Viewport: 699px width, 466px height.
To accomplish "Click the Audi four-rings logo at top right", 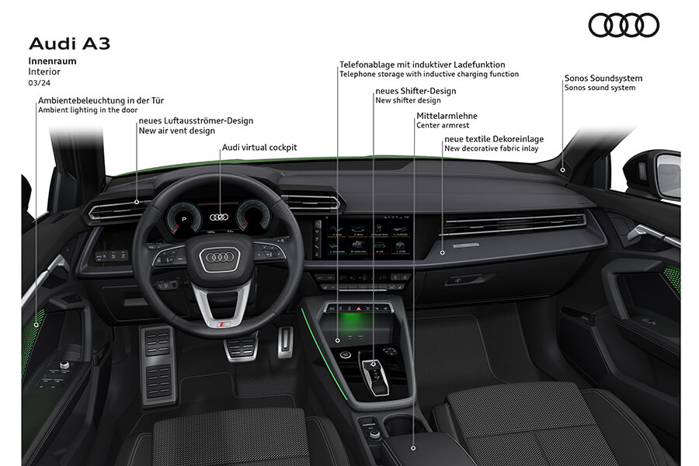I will coord(624,26).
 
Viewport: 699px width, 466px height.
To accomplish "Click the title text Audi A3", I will coord(69,43).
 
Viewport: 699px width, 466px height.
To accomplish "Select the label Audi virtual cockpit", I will coord(259,147).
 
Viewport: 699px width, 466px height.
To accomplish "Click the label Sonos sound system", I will coord(600,88).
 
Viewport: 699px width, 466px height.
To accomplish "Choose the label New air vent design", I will coord(176,130).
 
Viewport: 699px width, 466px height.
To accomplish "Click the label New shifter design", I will coord(408,100).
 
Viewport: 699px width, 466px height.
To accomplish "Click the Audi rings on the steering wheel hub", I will coord(219,257).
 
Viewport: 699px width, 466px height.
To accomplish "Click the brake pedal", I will coord(242,346).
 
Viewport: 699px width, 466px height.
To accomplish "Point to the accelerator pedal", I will coord(285,341).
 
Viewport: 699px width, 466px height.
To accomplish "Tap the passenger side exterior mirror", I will coord(666,176).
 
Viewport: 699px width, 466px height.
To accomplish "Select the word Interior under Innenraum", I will coord(44,71).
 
